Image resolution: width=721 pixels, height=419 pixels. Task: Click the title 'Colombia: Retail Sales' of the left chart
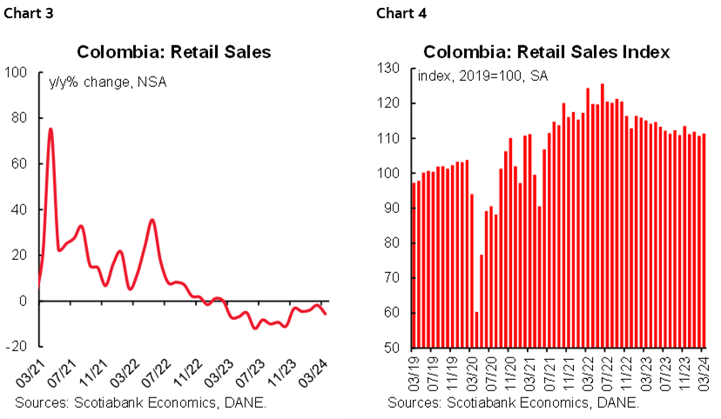(x=174, y=51)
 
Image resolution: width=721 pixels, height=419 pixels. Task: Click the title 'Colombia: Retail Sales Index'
(x=547, y=51)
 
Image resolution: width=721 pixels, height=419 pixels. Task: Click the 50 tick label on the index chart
(x=391, y=349)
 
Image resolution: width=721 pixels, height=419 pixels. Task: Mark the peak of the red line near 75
(x=51, y=129)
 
